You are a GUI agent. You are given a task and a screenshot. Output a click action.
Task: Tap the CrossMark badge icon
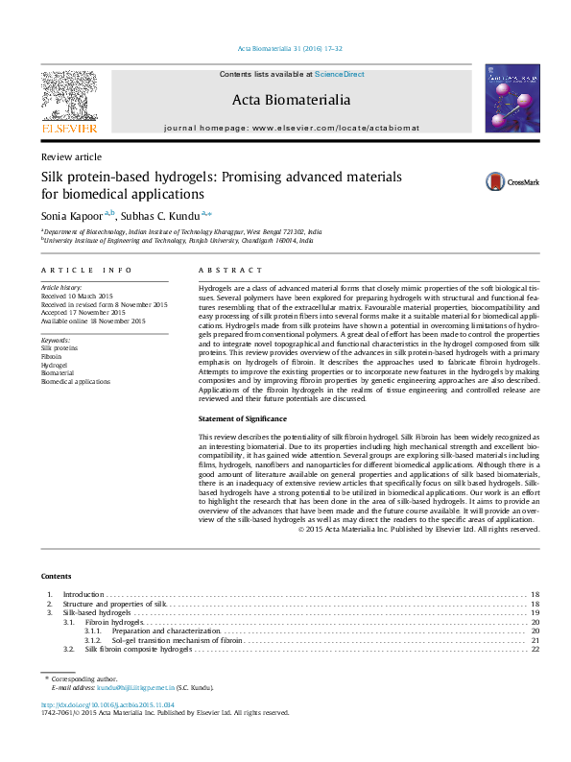(495, 181)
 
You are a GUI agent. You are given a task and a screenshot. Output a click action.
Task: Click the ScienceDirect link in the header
(341, 74)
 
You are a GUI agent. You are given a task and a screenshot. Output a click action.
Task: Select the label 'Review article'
(71, 156)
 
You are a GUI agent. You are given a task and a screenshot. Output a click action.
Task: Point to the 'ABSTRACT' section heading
(222, 272)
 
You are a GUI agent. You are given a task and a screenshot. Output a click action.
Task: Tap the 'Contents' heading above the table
(56, 576)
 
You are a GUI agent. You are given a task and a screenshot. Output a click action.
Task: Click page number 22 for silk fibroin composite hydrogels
(535, 650)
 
